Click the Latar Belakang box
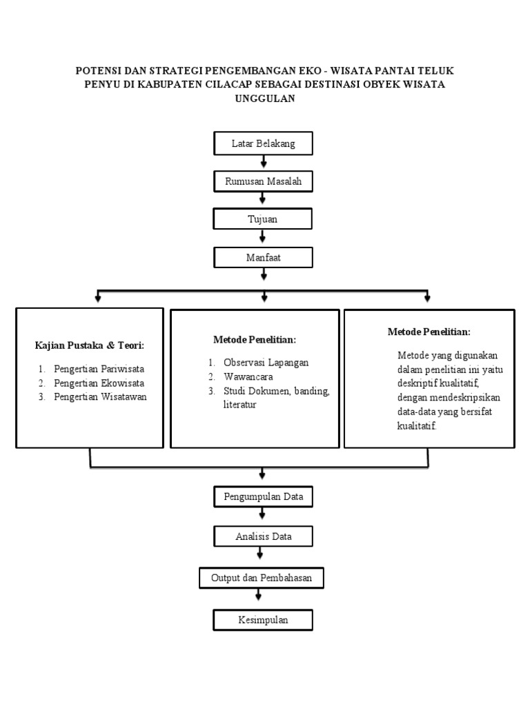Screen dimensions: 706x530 click(263, 143)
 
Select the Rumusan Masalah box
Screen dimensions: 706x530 click(263, 181)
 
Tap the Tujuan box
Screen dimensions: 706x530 click(263, 219)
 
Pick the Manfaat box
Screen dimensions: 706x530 click(263, 257)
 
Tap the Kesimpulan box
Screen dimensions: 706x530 click(263, 620)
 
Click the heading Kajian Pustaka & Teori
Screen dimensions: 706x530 click(90, 345)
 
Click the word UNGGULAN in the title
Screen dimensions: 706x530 click(266, 99)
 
